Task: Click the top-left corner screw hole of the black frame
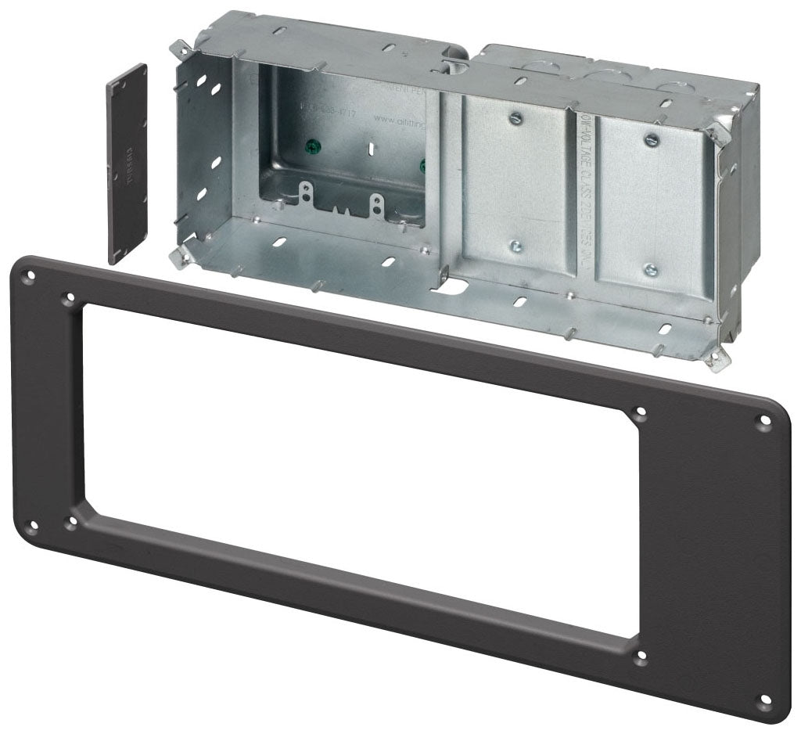(29, 276)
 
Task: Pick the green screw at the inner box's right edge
(424, 165)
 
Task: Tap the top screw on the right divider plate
(650, 139)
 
